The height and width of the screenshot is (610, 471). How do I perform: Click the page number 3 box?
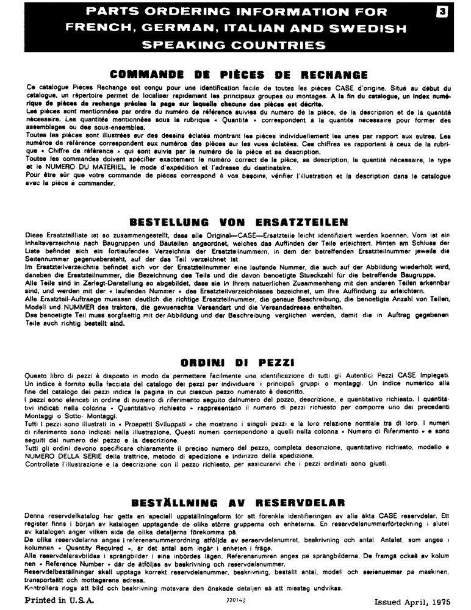coord(453,10)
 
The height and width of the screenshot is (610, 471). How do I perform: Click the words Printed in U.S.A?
coord(60,600)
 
